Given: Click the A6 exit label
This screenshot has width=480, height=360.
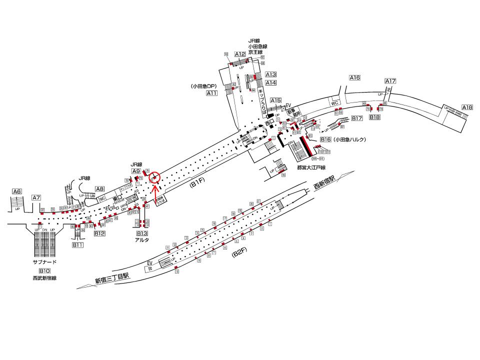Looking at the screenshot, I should coord(17,191).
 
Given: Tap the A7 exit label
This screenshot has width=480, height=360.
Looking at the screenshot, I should coord(36,198).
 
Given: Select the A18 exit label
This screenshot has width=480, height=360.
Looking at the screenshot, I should coord(467,107).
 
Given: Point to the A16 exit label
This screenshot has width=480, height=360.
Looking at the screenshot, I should coord(355,77).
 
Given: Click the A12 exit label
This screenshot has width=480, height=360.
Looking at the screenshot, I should coord(240,54).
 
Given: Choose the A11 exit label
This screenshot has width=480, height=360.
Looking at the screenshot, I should coord(212,93).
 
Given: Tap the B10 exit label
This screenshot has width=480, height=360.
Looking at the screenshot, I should coord(45,271).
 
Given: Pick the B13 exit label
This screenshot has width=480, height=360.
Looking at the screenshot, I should coord(142,233).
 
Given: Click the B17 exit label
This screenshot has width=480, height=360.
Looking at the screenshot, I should coord(357,118).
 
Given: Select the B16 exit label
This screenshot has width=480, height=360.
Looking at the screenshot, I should coord(326,139).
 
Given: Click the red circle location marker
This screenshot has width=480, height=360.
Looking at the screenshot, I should coord(155,176).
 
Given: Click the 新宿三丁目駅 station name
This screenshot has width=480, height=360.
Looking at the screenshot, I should coord(112,278).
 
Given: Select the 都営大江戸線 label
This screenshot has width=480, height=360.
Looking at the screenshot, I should coord(311,167).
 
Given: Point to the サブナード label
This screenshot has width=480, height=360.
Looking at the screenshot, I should coord(44,262).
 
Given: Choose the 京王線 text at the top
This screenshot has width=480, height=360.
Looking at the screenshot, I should coord(255,52).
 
